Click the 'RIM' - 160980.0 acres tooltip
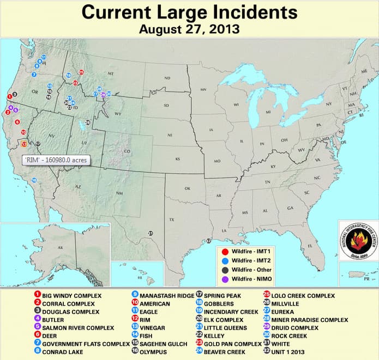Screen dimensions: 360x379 55,160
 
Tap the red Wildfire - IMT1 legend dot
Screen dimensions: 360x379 225,252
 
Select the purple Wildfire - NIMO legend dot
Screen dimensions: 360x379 225,279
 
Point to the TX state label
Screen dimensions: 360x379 171,219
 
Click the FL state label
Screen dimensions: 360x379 309,246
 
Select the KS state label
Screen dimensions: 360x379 177,159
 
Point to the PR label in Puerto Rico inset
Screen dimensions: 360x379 366,279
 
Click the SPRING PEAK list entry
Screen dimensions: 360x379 218,295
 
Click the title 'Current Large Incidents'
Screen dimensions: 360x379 190,11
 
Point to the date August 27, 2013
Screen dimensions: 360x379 189,28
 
